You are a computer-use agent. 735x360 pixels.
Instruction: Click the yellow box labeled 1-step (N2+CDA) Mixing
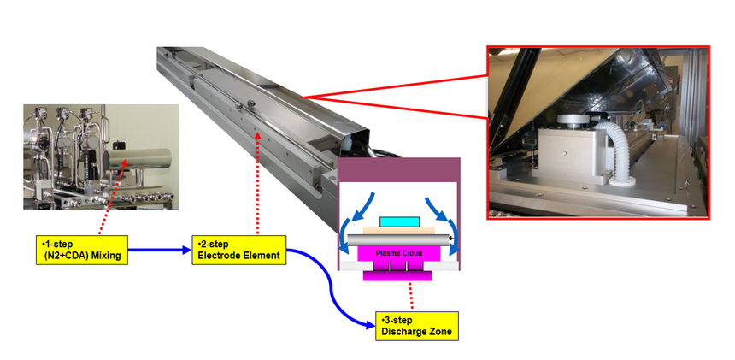point(82,250)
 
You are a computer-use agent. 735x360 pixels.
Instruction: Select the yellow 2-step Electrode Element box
point(239,250)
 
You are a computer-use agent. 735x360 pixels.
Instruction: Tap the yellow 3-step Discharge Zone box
point(417,326)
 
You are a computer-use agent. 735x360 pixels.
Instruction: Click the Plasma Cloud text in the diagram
point(398,253)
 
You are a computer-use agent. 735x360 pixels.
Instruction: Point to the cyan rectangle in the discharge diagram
point(399,222)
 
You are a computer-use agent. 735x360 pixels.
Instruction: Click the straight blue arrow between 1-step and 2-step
point(160,251)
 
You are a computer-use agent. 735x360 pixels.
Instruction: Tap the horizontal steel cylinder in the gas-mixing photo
point(138,160)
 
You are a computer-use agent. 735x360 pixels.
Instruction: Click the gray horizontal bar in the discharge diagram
point(398,240)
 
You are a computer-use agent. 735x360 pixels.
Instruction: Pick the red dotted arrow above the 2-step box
point(257,183)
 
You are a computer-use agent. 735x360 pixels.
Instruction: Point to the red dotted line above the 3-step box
point(411,296)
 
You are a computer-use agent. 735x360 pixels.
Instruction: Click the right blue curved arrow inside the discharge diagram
point(448,225)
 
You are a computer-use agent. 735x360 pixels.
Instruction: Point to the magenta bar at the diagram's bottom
point(397,276)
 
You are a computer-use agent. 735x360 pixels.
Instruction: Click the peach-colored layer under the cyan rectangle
point(399,231)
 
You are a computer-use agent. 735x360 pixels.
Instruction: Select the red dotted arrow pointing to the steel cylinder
point(112,196)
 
